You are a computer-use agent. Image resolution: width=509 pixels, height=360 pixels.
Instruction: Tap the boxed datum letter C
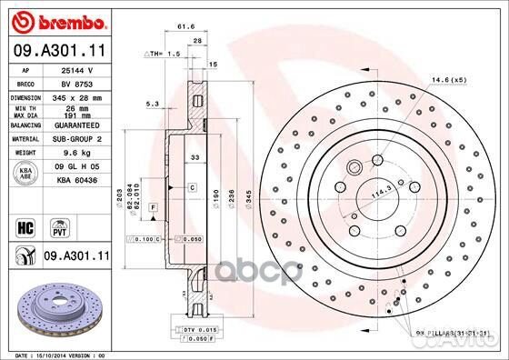coord(194,187)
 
